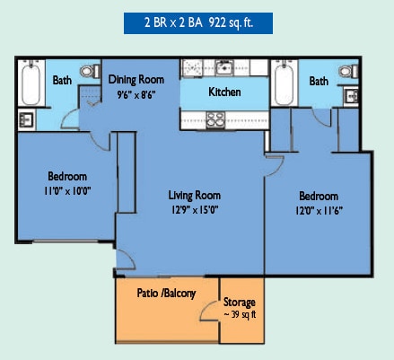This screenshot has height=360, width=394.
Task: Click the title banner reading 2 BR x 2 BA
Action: (198, 23)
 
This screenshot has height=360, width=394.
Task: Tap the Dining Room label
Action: (136, 80)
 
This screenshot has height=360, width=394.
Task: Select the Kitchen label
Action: (224, 92)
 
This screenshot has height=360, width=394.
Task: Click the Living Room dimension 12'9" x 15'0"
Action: (195, 210)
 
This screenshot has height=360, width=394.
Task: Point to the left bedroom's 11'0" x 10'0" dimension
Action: (67, 190)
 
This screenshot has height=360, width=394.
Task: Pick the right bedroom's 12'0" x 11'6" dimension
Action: (319, 211)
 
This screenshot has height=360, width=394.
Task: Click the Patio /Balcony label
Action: (166, 294)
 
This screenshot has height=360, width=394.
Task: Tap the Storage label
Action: (240, 303)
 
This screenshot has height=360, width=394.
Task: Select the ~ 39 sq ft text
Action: (240, 314)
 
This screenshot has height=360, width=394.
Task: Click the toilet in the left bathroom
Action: (90, 71)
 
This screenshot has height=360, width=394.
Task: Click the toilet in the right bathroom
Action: (348, 72)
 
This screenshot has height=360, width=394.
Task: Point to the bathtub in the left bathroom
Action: (31, 83)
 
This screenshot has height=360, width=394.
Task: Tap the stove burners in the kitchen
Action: (215, 119)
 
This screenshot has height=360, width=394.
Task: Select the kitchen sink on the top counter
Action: (224, 67)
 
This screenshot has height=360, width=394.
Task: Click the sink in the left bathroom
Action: (26, 119)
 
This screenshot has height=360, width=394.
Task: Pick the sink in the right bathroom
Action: (351, 96)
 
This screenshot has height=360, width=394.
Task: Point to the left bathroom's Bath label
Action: (62, 80)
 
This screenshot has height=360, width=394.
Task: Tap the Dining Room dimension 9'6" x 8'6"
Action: (136, 95)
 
